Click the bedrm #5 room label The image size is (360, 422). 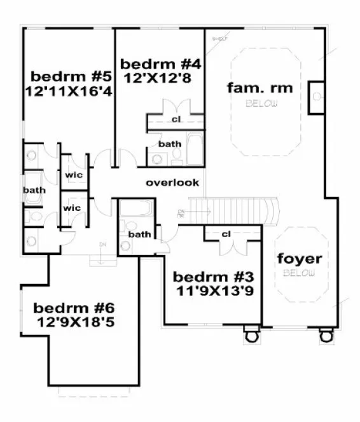click(x=71, y=77)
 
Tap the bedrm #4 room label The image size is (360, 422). click(x=160, y=64)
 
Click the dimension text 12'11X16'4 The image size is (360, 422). click(x=69, y=92)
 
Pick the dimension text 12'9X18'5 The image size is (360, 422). click(x=80, y=323)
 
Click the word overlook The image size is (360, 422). click(x=172, y=182)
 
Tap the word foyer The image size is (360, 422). click(x=299, y=259)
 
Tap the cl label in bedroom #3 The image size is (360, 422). click(x=226, y=234)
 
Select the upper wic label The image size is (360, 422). click(x=74, y=175)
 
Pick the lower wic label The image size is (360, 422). click(x=73, y=208)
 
